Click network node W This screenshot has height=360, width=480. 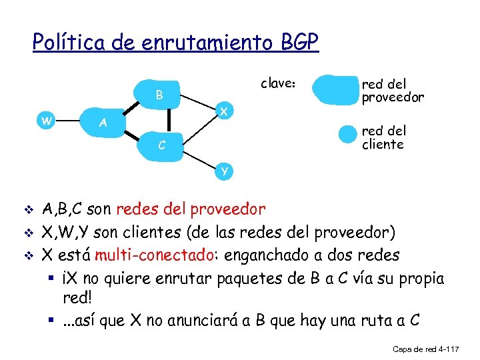point(45,121)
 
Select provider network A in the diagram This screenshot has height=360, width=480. point(102,123)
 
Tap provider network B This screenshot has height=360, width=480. point(159,95)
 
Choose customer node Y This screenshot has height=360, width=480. point(225,171)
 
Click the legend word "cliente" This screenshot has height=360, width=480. point(383,144)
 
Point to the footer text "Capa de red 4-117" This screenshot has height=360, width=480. point(425,349)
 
